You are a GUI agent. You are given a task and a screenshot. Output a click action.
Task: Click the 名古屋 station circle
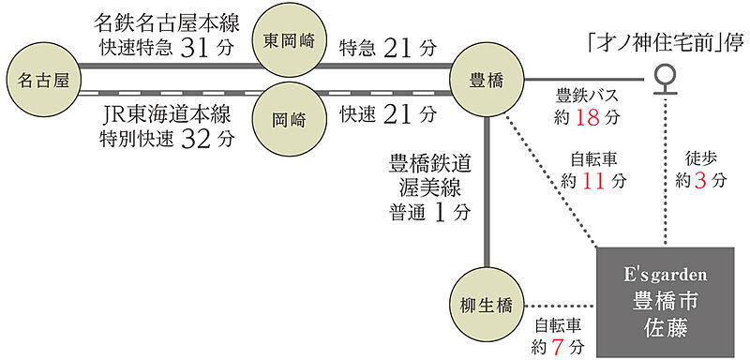coord(43,80)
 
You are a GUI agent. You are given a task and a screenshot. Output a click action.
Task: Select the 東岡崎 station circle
coord(289,41)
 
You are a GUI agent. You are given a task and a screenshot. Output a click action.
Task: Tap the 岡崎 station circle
coord(289,119)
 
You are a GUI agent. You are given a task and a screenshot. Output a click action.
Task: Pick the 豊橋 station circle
coord(487,80)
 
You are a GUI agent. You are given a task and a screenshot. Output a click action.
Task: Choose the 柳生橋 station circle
coord(487,305)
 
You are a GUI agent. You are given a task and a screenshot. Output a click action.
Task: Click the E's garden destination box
coord(666,303)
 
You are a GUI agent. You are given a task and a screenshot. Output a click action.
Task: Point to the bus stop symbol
coord(666,79)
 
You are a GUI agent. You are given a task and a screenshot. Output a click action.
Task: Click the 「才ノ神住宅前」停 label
coord(666,45)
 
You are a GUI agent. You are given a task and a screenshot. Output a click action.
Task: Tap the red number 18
coord(588,117)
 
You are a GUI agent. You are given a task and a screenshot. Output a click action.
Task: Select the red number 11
coord(593,181)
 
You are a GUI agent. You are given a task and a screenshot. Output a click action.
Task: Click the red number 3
coord(699,181)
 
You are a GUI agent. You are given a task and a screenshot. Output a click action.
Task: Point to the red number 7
coord(556,346)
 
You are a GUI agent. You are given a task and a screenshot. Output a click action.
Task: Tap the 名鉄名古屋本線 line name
coord(167,22)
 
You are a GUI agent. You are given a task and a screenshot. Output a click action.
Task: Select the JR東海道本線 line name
coord(167,115)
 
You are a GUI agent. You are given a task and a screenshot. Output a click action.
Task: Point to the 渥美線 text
coord(430,187)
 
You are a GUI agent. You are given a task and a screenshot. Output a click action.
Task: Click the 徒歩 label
coord(699,158)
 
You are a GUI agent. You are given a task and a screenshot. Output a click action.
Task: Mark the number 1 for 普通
coord(440,213)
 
